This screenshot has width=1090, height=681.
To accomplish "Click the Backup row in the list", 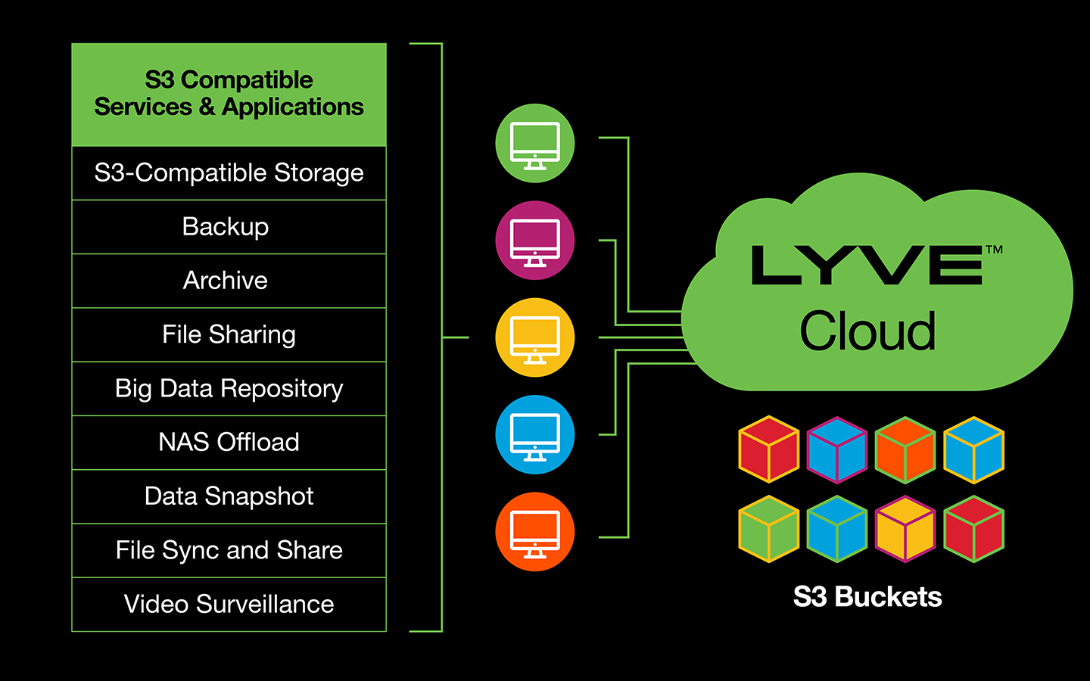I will tap(229, 227).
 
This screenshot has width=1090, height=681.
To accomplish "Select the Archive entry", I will tap(229, 281).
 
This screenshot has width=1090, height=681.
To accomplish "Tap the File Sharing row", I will tap(229, 334).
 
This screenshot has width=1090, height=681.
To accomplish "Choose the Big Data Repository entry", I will tap(229, 389).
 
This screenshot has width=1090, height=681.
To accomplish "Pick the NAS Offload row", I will tap(229, 443).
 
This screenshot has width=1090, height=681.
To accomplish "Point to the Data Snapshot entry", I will tap(229, 496).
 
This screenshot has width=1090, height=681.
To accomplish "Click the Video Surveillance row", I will tap(229, 605).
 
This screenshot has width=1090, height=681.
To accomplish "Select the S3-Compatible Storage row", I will tap(229, 173).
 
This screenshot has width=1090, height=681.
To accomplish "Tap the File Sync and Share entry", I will tap(229, 550).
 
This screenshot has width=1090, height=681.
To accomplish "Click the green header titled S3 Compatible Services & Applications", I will tap(229, 95).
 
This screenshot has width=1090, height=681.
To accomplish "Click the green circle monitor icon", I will tap(535, 144).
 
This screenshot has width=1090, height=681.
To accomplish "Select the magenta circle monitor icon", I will tap(535, 241).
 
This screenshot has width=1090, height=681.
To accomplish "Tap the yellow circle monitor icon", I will tap(535, 337).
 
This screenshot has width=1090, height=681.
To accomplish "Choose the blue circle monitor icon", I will tap(535, 435).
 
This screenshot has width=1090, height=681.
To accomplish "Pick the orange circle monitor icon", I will tap(535, 532).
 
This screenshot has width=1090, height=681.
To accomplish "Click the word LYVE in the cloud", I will tap(866, 266).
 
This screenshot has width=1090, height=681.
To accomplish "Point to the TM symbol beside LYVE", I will tap(994, 250).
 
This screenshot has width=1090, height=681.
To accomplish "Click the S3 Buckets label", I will tap(867, 597).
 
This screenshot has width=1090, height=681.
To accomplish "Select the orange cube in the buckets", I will tap(905, 450).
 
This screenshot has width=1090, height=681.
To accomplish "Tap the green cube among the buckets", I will tap(769, 530).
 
